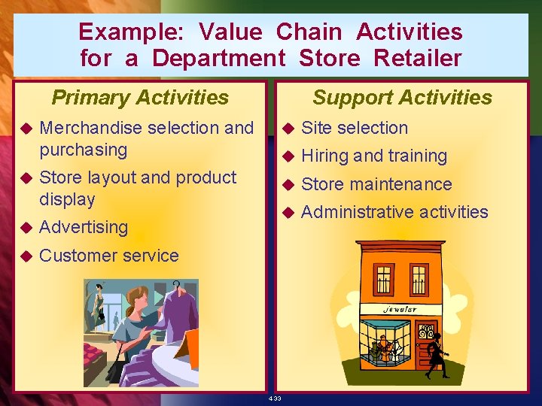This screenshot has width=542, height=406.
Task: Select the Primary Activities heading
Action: click(140, 97)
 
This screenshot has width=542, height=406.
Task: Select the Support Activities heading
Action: click(402, 97)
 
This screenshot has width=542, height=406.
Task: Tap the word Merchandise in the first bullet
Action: click(91, 128)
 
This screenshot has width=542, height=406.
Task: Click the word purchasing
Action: click(84, 150)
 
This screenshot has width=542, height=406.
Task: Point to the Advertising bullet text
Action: click(84, 227)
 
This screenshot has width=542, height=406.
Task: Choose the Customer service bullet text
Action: click(109, 256)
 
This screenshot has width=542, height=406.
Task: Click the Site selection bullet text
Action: click(355, 128)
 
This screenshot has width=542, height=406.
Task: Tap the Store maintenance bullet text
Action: click(376, 184)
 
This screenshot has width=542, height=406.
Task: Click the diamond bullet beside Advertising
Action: click(25, 227)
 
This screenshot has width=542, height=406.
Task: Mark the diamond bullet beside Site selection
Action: click(287, 129)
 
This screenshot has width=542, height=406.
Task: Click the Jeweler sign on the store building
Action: click(400, 309)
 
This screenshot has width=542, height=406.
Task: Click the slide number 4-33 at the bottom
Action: click(273, 398)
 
